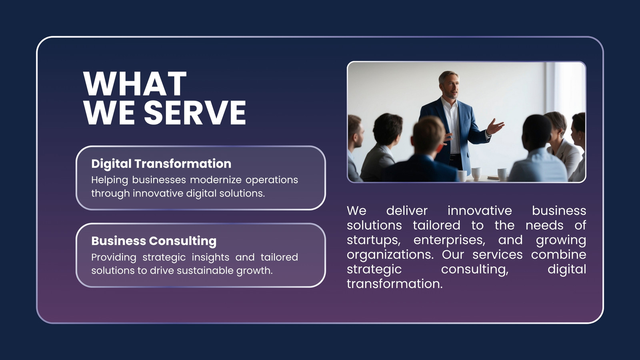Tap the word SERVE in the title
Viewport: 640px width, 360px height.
(x=195, y=112)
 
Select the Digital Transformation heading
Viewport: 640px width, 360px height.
(x=161, y=164)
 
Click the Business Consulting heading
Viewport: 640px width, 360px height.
(x=154, y=241)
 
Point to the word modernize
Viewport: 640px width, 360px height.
(x=216, y=180)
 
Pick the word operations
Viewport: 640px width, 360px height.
(x=272, y=180)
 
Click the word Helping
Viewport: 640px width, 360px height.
(x=110, y=180)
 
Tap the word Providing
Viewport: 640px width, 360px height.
(x=114, y=258)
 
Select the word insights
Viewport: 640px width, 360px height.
(x=210, y=258)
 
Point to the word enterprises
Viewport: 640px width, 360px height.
(x=450, y=240)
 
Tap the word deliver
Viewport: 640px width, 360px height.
(x=407, y=211)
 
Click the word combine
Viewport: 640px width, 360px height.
(x=558, y=254)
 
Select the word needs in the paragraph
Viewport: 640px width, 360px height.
(x=544, y=226)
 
